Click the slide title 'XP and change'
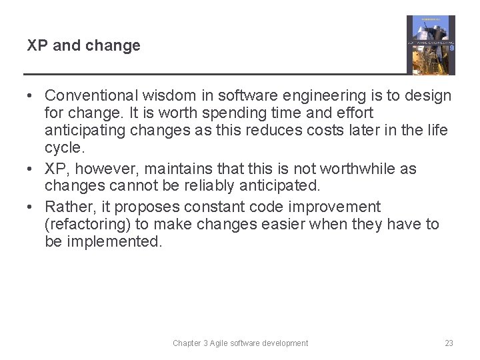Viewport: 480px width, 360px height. (83, 46)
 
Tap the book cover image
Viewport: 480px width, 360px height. (431, 45)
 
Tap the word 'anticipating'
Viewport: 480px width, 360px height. (85, 131)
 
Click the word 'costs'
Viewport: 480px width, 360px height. (311, 131)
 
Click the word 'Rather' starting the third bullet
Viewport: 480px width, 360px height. (67, 207)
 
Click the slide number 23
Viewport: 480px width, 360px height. (449, 343)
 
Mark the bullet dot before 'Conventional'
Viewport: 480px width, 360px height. (32, 96)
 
